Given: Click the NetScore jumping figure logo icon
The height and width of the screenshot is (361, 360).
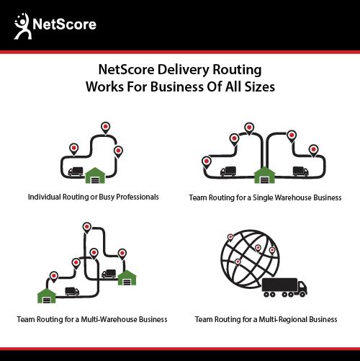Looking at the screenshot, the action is (22, 26).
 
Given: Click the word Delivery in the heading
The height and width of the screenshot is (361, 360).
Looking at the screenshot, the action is (184, 70).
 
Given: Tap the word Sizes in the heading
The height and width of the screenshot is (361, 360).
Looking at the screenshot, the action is (259, 86).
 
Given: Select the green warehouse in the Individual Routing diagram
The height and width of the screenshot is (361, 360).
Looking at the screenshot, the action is (95, 175).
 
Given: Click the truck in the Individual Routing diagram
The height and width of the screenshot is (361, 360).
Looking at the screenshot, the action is (76, 171).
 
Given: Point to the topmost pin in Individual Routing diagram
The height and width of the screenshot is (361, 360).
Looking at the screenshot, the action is (105, 128).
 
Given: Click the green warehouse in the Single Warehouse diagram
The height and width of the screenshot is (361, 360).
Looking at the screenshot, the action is (264, 175).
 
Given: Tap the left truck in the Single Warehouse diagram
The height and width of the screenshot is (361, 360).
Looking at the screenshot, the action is (228, 171).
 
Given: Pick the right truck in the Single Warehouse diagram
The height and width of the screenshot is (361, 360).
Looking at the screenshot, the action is (301, 171).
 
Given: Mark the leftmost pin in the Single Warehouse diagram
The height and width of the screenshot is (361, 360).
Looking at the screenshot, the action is (207, 162).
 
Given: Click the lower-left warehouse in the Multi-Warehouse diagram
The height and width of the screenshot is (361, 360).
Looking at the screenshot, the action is (47, 295).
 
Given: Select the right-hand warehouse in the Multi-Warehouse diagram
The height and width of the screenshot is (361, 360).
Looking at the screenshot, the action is (127, 277).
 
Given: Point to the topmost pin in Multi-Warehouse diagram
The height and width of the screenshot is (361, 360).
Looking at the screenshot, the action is (86, 228).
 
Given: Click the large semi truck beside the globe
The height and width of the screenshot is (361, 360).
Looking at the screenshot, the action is (284, 288).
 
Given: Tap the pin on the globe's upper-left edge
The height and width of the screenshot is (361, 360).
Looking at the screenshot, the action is (230, 238).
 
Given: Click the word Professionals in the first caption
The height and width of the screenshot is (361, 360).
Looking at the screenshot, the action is (138, 197).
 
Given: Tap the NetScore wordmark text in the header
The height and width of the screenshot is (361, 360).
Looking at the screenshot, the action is (64, 24).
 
